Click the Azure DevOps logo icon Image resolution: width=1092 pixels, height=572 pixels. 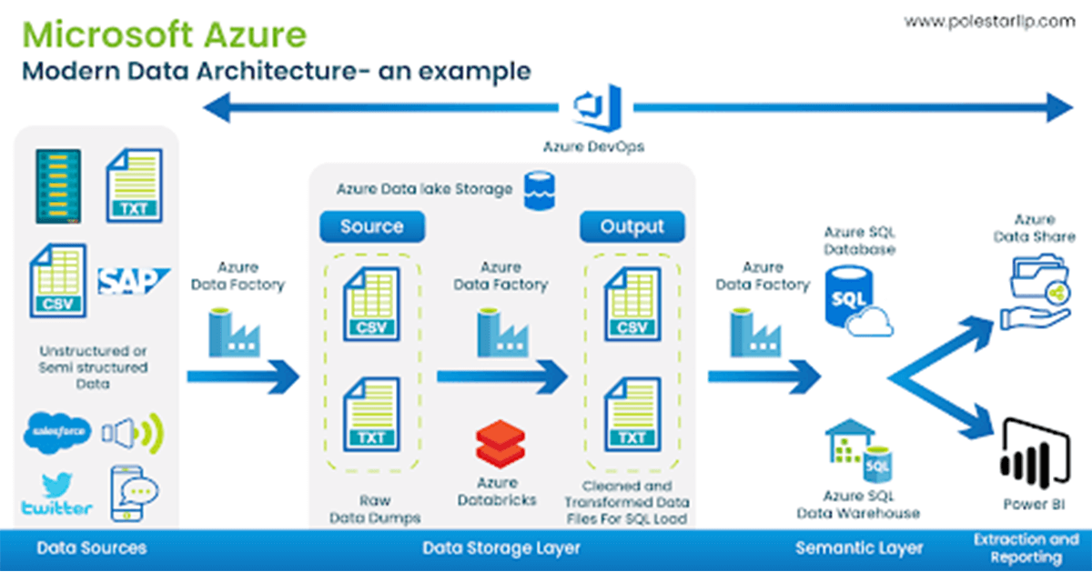pos(596,108)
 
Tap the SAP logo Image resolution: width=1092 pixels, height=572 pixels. pos(134,281)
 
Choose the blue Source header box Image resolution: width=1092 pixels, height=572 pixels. pos(370,226)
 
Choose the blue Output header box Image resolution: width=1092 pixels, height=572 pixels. pos(632,226)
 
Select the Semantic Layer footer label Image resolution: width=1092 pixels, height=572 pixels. pos(858,547)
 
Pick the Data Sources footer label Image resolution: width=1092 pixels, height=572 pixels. pos(91,547)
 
